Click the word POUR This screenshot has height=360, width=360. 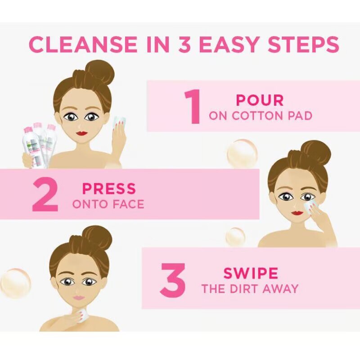pyautogui.click(x=260, y=100)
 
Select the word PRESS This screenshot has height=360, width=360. pyautogui.click(x=108, y=189)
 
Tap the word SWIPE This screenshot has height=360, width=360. pyautogui.click(x=251, y=273)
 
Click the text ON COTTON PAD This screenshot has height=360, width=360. pyautogui.click(x=260, y=116)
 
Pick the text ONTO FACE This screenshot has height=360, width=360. pyautogui.click(x=108, y=204)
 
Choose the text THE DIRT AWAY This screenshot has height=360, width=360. pyautogui.click(x=250, y=289)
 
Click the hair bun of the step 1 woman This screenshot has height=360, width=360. pyautogui.click(x=99, y=72)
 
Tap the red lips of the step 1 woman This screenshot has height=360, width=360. pyautogui.click(x=81, y=133)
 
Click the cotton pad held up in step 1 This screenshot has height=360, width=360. pyautogui.click(x=119, y=121)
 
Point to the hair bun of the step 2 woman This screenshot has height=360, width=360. pyautogui.click(x=316, y=152)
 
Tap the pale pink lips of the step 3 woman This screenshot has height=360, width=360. pyautogui.click(x=79, y=297)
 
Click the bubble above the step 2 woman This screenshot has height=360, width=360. pyautogui.click(x=242, y=154)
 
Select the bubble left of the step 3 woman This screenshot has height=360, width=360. pyautogui.click(x=15, y=283)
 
